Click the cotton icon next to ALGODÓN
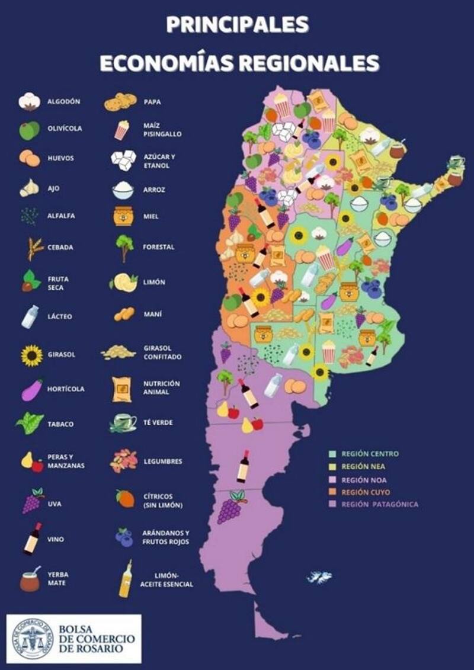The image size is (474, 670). click(29, 102)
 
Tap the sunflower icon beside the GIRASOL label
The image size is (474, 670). click(31, 355)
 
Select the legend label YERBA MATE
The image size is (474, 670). click(58, 579)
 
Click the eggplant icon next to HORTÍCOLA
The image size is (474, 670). click(31, 389)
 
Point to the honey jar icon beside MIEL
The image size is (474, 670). click(123, 216)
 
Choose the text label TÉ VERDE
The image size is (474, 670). click(159, 422)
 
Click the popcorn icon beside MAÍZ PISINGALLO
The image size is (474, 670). click(121, 130)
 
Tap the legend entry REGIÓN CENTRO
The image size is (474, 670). click(370, 454)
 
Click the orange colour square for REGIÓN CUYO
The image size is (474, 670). click(334, 492)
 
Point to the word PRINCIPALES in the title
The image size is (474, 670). click(237, 24)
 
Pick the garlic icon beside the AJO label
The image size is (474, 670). click(28, 188)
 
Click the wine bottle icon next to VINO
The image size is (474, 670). click(33, 538)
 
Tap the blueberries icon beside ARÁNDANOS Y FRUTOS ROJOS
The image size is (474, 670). click(124, 537)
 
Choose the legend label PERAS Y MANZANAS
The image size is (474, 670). click(66, 461)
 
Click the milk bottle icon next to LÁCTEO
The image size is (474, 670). click(30, 316)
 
